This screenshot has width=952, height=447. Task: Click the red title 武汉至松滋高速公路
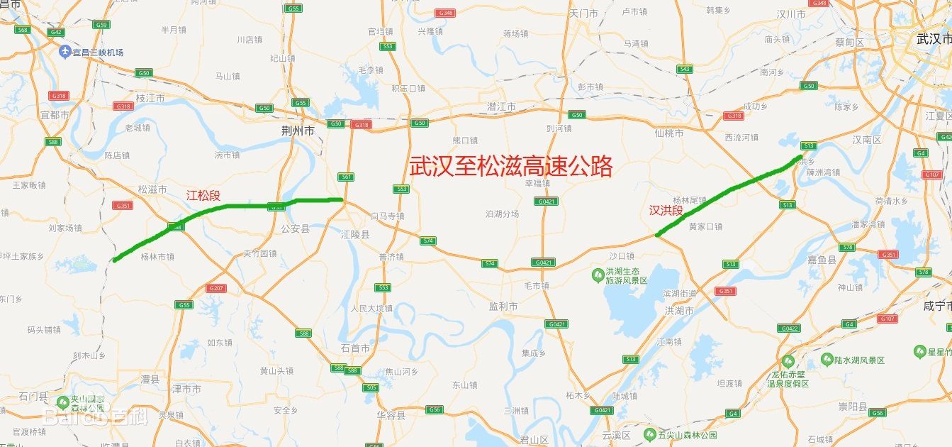click(510, 167)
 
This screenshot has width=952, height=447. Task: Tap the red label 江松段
click(203, 195)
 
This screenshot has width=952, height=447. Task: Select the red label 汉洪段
click(666, 210)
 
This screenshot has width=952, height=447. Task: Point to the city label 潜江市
click(501, 106)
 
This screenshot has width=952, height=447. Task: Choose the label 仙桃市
click(668, 133)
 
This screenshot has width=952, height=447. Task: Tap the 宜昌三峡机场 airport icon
click(65, 52)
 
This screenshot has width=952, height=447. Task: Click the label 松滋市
click(152, 189)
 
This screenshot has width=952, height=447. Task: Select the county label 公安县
click(295, 228)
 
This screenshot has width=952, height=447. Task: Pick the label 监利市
click(503, 306)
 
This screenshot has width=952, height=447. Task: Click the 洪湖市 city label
click(678, 311)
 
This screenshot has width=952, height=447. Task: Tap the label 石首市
click(354, 348)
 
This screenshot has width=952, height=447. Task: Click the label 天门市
click(583, 13)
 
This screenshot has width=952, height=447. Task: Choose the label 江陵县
click(354, 234)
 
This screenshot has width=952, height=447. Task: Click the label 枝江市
click(150, 98)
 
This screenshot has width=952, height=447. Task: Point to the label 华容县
click(391, 415)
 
